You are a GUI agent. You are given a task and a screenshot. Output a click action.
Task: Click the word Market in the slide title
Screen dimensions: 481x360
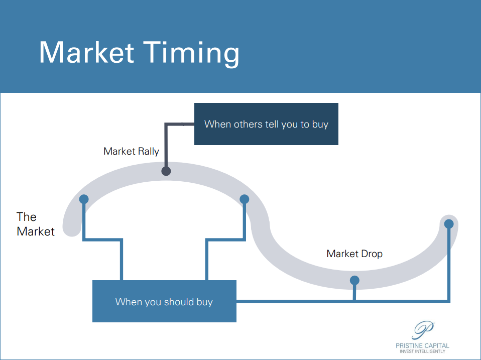[87, 52]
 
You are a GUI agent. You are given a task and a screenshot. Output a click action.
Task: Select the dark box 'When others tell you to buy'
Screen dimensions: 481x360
[266, 124]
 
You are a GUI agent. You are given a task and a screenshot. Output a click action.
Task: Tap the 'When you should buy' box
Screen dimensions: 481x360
[164, 301]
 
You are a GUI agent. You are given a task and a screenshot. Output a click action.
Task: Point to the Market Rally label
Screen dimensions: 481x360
[131, 151]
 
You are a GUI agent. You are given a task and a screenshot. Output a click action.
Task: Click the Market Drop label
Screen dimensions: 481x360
[354, 254]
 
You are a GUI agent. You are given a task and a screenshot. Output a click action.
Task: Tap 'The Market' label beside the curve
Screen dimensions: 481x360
[36, 224]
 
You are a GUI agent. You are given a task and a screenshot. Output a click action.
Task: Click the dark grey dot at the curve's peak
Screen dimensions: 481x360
[166, 171]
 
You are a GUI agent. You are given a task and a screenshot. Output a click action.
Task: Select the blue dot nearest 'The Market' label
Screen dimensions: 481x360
[84, 199]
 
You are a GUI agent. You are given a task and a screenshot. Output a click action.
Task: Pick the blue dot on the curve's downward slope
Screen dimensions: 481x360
[245, 199]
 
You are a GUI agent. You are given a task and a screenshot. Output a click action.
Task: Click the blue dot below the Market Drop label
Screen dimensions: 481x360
[354, 280]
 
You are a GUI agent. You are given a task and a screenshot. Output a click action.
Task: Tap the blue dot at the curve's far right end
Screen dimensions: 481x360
[449, 223]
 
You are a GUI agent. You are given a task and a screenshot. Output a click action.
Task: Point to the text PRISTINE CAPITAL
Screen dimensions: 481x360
[422, 345]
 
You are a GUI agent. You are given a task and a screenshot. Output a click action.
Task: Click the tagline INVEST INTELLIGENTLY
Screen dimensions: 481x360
[422, 351]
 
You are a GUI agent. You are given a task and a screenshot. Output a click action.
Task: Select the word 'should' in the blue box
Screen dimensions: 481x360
[179, 302]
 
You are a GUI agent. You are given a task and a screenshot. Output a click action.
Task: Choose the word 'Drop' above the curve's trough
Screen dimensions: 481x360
[372, 254]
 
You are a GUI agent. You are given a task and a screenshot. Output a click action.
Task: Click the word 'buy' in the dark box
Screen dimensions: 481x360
[320, 125]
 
